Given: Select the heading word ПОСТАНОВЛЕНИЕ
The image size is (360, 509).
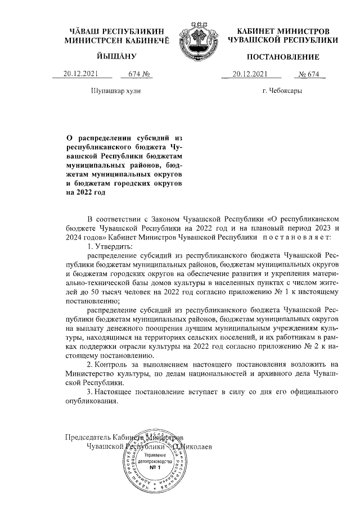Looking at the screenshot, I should (x=282, y=57).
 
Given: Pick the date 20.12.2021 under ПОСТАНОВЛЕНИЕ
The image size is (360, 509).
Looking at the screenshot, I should (x=251, y=74).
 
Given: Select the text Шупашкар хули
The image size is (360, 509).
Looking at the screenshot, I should (x=116, y=91).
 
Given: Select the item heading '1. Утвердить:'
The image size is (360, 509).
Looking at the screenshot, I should (x=110, y=247).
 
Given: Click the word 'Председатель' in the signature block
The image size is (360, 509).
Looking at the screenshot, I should (x=88, y=438).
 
